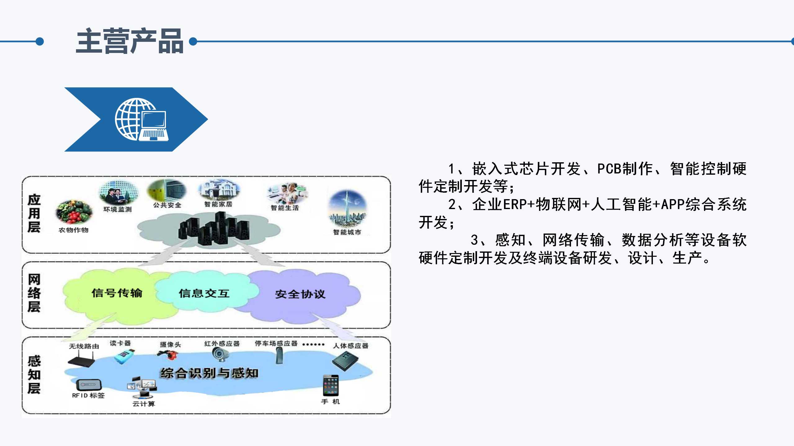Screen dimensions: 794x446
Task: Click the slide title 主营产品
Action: pos(130,41)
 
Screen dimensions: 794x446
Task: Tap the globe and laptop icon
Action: pos(142,120)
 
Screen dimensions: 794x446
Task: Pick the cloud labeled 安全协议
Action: pos(300,294)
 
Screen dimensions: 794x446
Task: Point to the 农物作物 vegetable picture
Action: pos(74,212)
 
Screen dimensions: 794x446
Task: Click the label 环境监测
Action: pos(118,209)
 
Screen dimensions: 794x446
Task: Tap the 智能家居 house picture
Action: pos(219,190)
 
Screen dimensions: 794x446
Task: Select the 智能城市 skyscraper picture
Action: pos(347,208)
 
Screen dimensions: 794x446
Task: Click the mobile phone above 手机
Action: pos(331,385)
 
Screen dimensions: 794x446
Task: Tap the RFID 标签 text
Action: pos(88,396)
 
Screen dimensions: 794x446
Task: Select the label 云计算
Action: pos(144,404)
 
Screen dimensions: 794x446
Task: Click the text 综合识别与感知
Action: pos(209,373)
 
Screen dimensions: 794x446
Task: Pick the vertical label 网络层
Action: pos(34,293)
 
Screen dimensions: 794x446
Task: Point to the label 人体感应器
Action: pos(350,346)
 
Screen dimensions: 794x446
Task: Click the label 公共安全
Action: pos(167,205)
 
